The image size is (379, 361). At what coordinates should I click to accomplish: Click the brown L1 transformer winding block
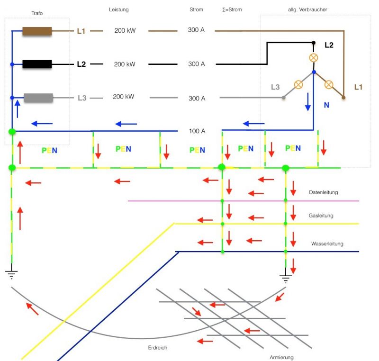coord(37,32)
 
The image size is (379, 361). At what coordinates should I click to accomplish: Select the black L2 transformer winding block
coord(37,63)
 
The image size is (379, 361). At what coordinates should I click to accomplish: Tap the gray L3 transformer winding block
coord(38,98)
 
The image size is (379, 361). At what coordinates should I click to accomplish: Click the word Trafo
coord(37,13)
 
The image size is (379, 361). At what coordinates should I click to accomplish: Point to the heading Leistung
coord(118,9)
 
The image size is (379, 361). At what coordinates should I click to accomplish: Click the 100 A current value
coord(197,130)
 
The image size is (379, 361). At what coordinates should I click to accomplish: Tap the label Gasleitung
coord(321,216)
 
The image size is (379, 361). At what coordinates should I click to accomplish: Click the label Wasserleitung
coord(327,244)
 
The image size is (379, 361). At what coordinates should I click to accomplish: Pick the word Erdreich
coord(158,347)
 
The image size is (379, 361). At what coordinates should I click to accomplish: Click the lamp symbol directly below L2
coord(313,58)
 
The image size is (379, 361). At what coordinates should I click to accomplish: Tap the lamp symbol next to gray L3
coord(298,85)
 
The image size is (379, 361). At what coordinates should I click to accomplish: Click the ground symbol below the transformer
coord(11,274)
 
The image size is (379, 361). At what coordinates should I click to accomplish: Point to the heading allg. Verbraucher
coord(307,9)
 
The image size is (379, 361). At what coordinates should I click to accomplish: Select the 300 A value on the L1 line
coord(197,31)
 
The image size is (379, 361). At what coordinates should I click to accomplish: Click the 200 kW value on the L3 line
coord(123,97)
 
